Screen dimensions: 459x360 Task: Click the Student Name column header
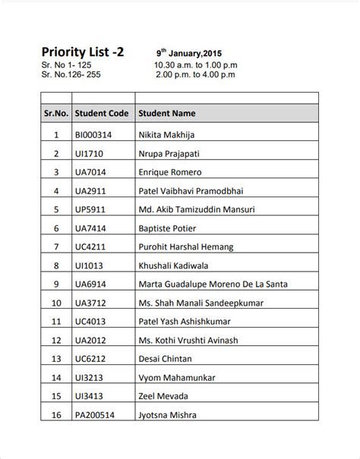(167, 114)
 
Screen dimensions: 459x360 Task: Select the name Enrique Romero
(169, 172)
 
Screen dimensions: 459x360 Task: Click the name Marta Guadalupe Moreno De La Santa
(213, 285)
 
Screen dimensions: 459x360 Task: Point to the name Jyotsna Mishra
(168, 415)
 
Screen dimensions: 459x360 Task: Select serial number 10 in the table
(55, 303)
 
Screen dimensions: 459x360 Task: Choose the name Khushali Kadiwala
(173, 266)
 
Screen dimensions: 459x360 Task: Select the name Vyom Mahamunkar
(177, 378)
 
